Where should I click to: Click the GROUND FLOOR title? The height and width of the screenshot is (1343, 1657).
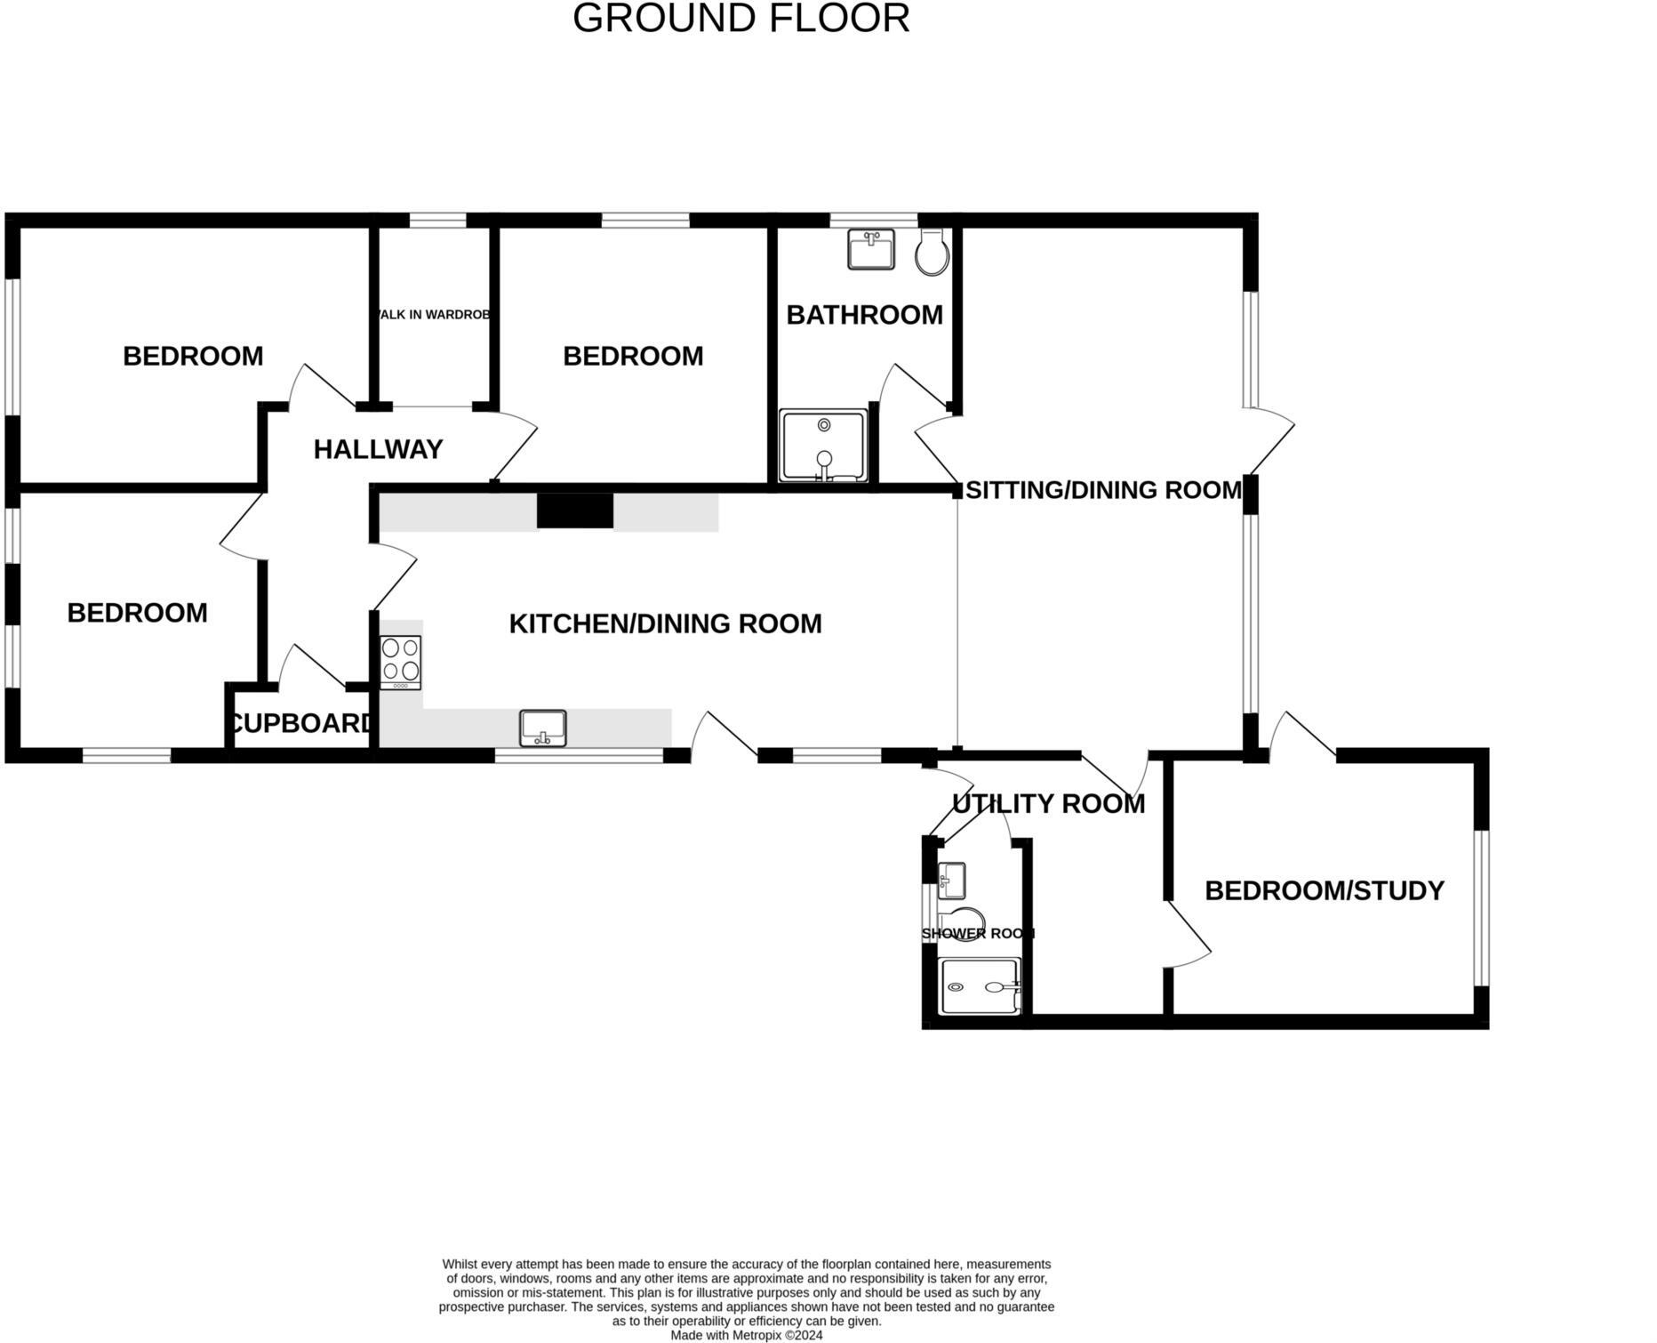click(740, 19)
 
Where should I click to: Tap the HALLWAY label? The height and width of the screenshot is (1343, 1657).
click(378, 449)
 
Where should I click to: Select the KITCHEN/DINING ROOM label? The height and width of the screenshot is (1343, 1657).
click(665, 623)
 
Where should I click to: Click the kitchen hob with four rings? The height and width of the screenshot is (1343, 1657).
click(400, 662)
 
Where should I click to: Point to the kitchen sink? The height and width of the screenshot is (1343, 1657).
click(542, 728)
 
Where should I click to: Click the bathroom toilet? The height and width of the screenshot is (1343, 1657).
click(933, 253)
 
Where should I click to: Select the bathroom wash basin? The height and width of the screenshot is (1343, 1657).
click(871, 249)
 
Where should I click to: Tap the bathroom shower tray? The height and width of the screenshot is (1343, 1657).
click(823, 446)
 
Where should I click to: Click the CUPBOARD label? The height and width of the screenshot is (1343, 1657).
click(300, 723)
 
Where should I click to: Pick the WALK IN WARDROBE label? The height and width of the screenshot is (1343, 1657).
click(434, 315)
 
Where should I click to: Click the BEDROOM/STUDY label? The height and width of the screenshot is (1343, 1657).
click(1324, 890)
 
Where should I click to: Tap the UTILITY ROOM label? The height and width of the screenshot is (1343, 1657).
click(1048, 803)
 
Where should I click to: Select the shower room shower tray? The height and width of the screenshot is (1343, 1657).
click(980, 985)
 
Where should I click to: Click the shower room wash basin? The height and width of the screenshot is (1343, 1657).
click(951, 881)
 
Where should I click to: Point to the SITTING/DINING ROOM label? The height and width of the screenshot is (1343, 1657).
click(1103, 490)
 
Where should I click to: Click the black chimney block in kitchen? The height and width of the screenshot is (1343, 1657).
click(575, 511)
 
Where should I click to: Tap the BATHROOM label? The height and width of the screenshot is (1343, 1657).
click(864, 315)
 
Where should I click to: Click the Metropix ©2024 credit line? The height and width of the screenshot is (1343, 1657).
click(746, 1335)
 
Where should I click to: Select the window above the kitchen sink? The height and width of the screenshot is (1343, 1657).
click(579, 756)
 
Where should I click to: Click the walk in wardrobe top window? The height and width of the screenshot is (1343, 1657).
click(437, 220)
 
